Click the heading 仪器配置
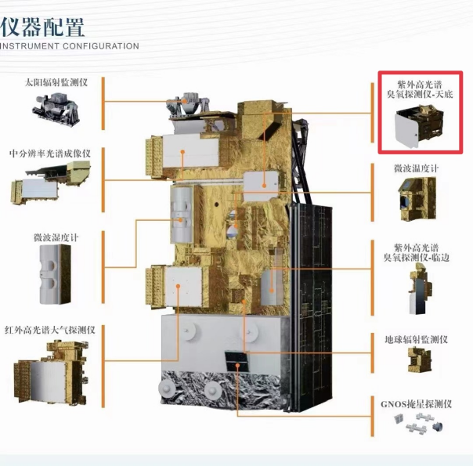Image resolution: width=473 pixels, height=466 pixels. [x=42, y=27]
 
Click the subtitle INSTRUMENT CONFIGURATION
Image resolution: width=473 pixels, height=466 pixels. [x=70, y=46]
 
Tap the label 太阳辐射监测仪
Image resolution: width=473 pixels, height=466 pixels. [x=56, y=82]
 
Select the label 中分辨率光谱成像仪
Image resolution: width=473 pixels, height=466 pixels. [x=50, y=154]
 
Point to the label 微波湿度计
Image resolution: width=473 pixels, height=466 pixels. [x=56, y=237]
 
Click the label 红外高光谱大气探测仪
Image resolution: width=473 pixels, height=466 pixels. [x=50, y=330]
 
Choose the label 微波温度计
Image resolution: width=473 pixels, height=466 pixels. [x=416, y=168]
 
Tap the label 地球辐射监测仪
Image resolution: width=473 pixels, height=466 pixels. [x=417, y=340]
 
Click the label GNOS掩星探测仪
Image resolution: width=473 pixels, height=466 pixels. [x=417, y=404]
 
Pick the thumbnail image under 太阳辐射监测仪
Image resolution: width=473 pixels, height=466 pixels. [x=56, y=110]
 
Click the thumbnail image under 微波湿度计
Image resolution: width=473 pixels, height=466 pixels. [x=55, y=274]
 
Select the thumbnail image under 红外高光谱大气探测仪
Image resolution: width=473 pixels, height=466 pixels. [x=51, y=373]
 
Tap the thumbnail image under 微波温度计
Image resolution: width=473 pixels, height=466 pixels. [x=417, y=199]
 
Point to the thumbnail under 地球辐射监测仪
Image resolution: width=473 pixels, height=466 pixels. [x=420, y=359]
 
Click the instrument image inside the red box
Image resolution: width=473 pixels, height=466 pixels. [x=419, y=126]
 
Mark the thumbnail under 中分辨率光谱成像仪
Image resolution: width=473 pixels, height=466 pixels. [x=51, y=182]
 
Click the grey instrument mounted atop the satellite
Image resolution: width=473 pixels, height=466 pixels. [x=187, y=105]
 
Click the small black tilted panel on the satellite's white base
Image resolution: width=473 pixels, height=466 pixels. [x=236, y=361]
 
